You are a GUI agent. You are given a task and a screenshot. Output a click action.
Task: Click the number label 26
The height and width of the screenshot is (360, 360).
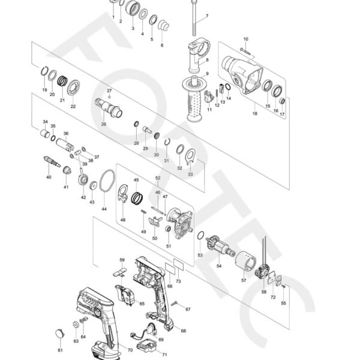point(103,124)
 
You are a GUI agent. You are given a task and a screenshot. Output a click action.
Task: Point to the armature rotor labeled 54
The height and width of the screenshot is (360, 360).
point(215,246)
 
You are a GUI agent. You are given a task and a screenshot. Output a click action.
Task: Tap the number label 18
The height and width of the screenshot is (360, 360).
point(255,113)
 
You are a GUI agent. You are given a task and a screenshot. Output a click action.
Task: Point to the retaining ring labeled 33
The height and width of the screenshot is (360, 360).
point(190,157)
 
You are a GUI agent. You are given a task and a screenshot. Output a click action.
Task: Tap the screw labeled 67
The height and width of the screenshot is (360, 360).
point(175,305)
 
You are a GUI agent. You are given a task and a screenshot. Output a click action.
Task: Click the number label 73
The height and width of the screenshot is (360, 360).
point(178,281)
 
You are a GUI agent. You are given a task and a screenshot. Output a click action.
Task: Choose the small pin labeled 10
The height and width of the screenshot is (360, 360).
point(244,49)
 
